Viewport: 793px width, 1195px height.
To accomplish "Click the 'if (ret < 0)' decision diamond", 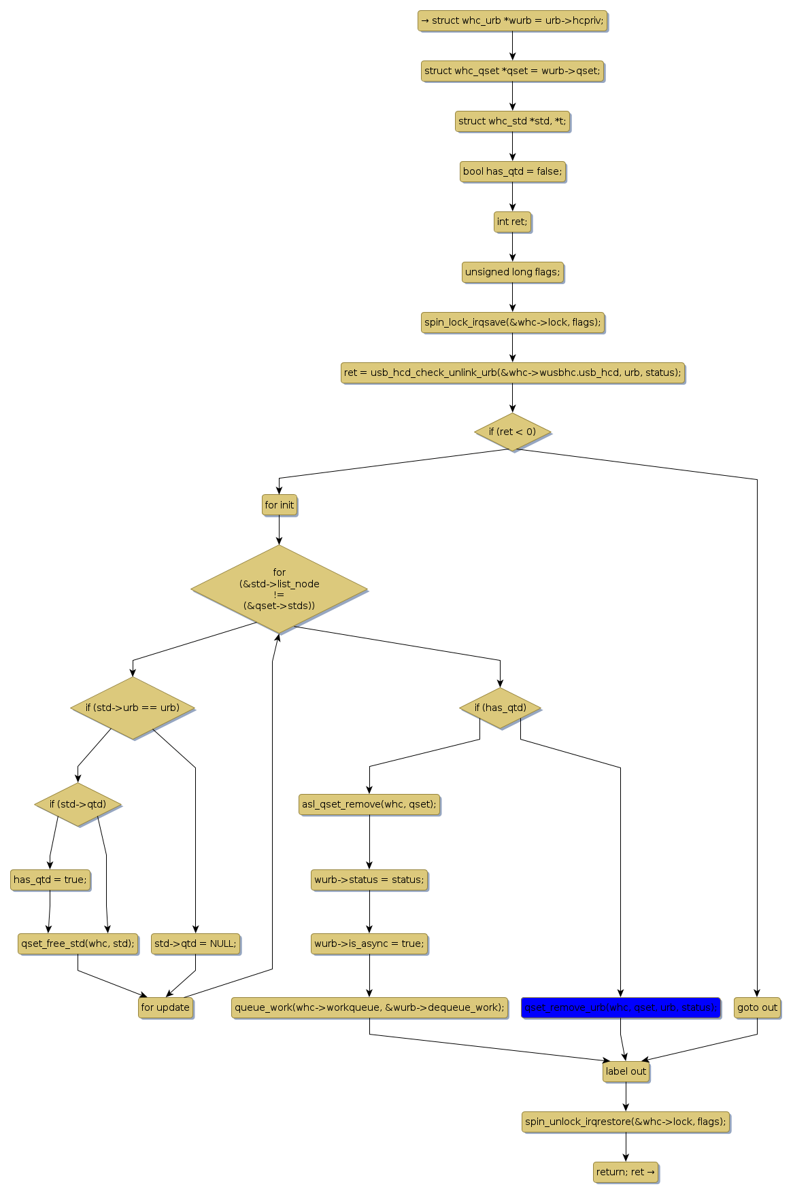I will tap(512, 432).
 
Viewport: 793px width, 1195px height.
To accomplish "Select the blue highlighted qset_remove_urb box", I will tap(620, 1007).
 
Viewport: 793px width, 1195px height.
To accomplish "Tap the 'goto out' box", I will tap(757, 1007).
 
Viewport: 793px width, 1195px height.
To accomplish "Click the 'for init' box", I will tap(279, 505).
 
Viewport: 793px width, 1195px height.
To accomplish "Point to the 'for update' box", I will tap(165, 1007).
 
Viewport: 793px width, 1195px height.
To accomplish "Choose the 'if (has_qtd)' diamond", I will tap(500, 708).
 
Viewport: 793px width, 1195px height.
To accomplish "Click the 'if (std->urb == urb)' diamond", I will tap(133, 708).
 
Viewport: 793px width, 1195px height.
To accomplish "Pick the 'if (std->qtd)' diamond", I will tap(78, 804).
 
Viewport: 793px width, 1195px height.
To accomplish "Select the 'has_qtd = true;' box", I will tap(50, 880).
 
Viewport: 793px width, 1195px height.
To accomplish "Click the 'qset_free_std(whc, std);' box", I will tap(78, 943).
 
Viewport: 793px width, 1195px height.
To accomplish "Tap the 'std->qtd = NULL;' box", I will tap(195, 943).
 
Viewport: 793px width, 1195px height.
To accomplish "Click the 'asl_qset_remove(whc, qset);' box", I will tap(369, 804).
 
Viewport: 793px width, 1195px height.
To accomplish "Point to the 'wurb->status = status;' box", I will tap(369, 880).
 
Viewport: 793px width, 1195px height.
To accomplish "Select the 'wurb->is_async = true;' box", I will tap(369, 943).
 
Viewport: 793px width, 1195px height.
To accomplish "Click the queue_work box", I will tap(369, 1007).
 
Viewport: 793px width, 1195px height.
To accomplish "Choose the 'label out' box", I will tap(626, 1071).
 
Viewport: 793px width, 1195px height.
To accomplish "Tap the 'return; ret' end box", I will tap(626, 1172).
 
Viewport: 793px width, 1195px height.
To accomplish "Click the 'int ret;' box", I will tap(512, 222).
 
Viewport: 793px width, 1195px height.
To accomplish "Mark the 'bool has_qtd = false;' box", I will tap(512, 171).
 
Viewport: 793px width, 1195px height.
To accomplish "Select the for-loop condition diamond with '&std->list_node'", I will tap(279, 589).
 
